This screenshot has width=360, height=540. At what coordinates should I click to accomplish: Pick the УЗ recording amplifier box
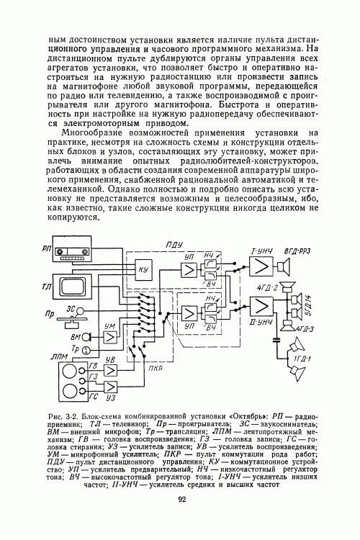click(112, 393)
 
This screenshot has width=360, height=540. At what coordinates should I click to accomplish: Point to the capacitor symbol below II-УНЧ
click(275, 337)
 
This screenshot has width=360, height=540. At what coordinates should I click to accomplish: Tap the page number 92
click(182, 500)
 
